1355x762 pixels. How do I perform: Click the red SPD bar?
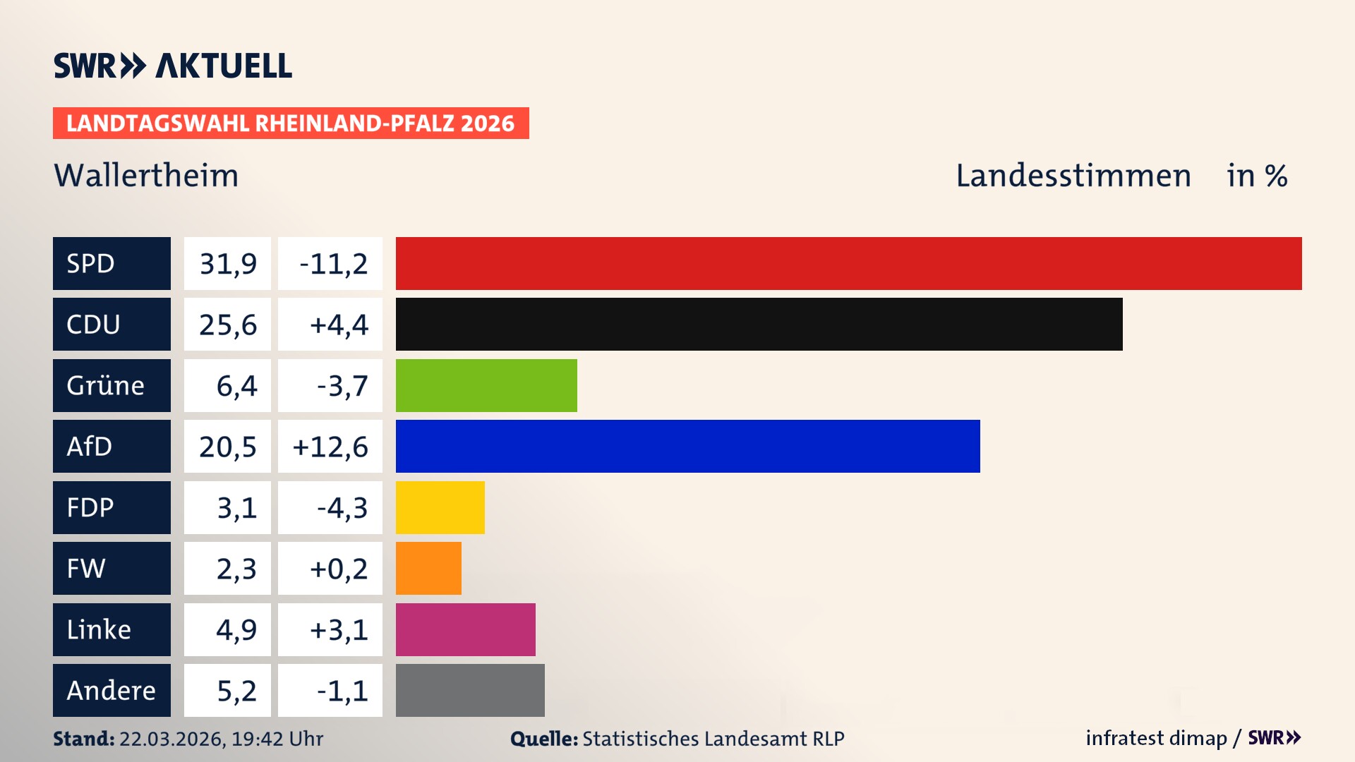point(848,263)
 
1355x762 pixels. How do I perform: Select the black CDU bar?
point(759,325)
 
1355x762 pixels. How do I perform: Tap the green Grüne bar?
point(486,385)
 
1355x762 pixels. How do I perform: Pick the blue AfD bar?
point(687,446)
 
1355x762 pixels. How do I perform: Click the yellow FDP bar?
point(440,507)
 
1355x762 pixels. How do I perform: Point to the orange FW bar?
point(428,568)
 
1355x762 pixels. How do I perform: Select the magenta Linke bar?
point(465,629)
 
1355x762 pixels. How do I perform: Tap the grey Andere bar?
point(470,690)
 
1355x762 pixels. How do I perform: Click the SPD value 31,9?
point(227,264)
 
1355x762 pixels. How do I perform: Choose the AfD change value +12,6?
point(330,447)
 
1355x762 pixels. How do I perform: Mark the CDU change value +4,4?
point(339,325)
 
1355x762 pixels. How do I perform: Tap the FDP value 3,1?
point(236,508)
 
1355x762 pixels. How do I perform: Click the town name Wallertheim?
point(146,176)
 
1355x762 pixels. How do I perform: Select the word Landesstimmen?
point(1073,176)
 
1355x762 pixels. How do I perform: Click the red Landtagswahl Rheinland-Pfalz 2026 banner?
point(291,123)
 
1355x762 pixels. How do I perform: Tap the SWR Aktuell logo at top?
point(173,66)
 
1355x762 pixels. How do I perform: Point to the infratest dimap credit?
point(1155,738)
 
